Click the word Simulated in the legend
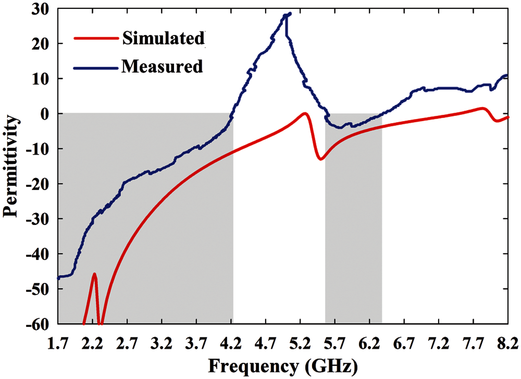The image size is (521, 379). coord(163,39)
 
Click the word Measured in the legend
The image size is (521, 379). coord(162,67)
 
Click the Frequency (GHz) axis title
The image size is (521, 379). coord(283,365)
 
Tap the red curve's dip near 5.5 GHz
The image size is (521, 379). coord(321,159)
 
